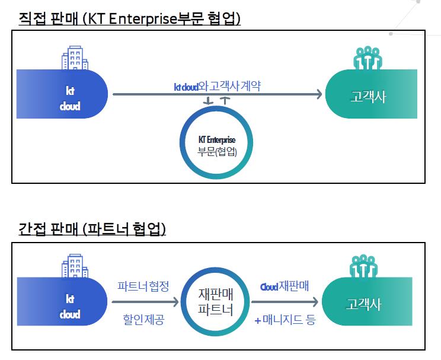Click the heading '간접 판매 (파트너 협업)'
pos(92,228)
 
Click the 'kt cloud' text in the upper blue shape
pos(69,98)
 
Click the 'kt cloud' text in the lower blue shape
pos(69,307)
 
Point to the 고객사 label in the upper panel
pos(368,97)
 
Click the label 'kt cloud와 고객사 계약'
pos(217,86)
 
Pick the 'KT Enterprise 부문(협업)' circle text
pos(217,145)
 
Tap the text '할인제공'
pos(143,320)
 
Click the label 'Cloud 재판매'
pos(285,286)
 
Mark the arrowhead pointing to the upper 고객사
pos(317,94)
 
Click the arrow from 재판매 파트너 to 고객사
pos(285,302)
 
